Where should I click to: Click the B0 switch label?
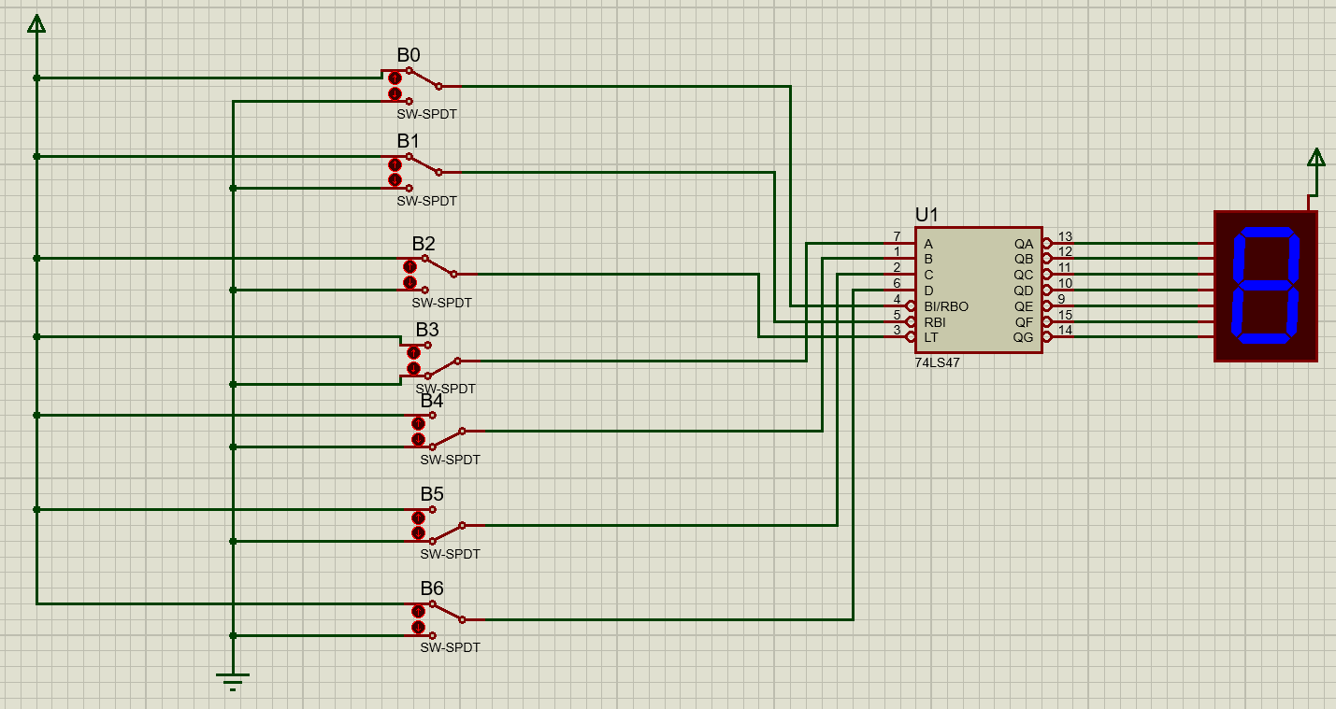(409, 55)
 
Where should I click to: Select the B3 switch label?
(427, 330)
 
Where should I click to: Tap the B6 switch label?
(432, 588)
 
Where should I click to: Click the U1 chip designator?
(927, 215)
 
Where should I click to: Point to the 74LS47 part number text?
(937, 363)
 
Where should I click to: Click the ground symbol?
(233, 680)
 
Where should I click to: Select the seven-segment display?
(1266, 286)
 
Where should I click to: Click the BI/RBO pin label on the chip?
(946, 306)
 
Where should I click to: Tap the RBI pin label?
(935, 322)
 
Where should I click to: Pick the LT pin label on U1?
(931, 337)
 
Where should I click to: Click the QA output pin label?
(1024, 244)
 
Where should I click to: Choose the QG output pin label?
(1024, 337)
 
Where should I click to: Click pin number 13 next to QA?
(1065, 236)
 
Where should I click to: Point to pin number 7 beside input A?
(897, 236)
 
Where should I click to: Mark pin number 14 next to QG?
(1065, 330)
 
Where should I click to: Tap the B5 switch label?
(432, 494)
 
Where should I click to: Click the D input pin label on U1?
(928, 291)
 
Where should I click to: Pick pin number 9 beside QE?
(1061, 299)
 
